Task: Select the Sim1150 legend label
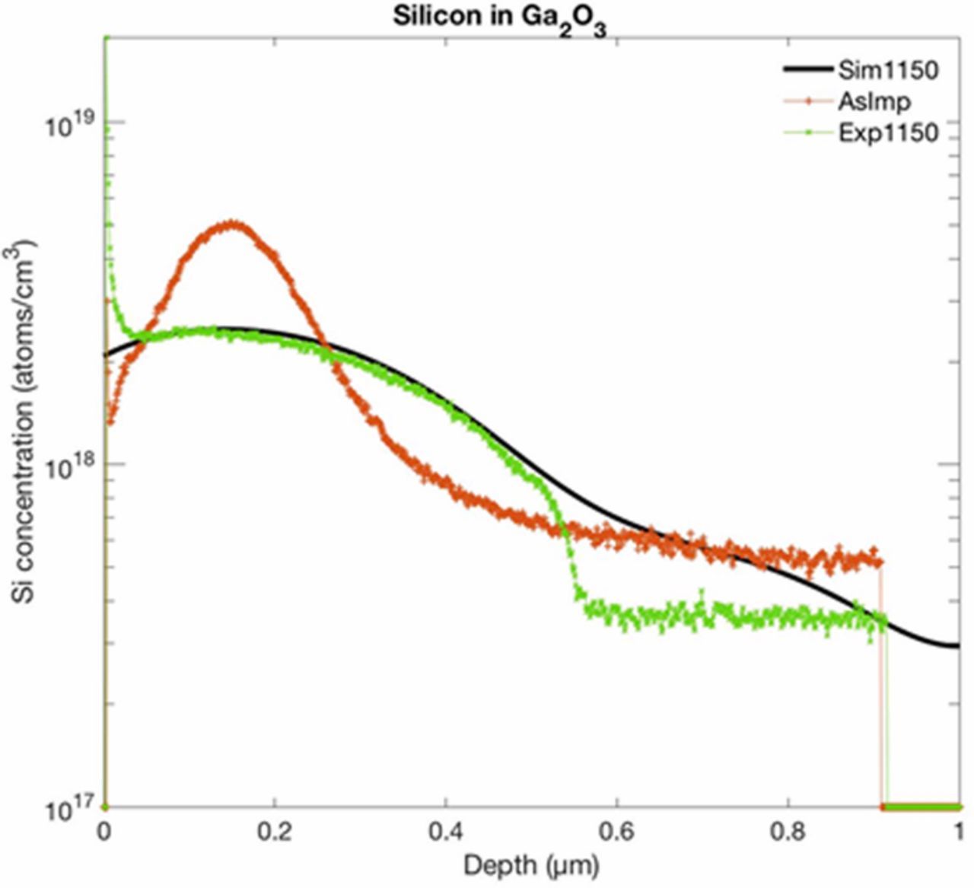click(888, 70)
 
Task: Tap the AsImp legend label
click(874, 101)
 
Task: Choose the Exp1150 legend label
click(888, 132)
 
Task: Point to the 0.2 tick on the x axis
click(275, 832)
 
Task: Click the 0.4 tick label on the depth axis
click(446, 832)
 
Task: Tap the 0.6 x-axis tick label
click(616, 832)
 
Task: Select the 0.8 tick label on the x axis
click(788, 832)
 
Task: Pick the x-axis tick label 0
click(104, 832)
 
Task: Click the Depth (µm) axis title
click(531, 865)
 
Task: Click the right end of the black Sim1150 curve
click(957, 646)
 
